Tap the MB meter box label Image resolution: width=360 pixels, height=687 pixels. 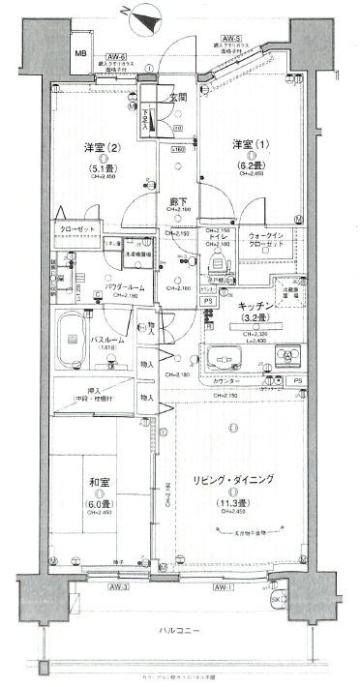click(x=80, y=54)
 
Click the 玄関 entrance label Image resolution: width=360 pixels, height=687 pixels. click(x=176, y=97)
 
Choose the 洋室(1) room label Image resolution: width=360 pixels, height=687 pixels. click(x=245, y=144)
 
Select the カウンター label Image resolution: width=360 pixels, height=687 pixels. click(x=225, y=383)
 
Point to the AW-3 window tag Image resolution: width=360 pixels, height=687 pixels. click(x=94, y=587)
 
